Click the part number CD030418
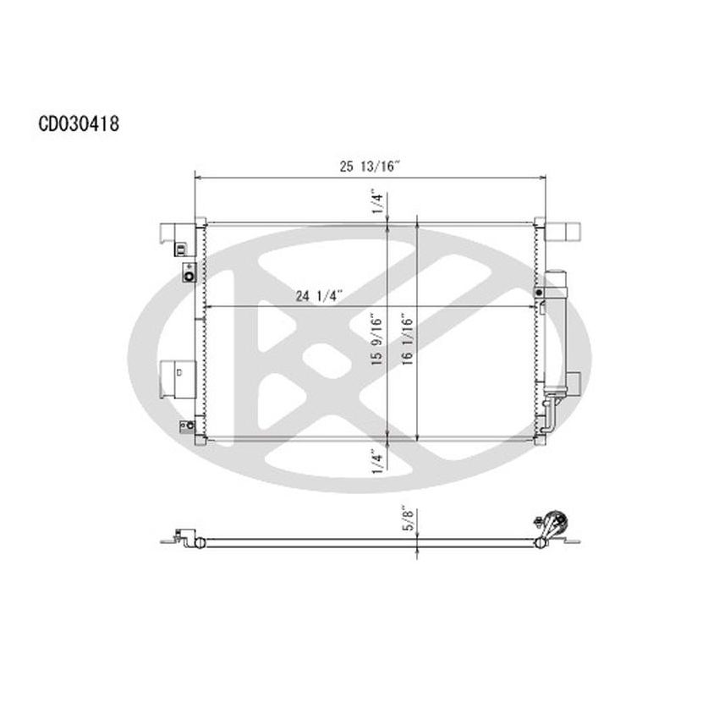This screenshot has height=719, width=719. [x=78, y=124]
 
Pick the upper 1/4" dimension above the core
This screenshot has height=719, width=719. [x=378, y=204]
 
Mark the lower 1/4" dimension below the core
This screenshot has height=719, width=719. [x=378, y=461]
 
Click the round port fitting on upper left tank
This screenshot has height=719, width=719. [x=188, y=274]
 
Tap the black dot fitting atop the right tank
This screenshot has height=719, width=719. [x=538, y=291]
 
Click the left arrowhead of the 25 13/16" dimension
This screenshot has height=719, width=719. [x=199, y=178]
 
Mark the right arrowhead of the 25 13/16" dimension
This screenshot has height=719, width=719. [x=541, y=178]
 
